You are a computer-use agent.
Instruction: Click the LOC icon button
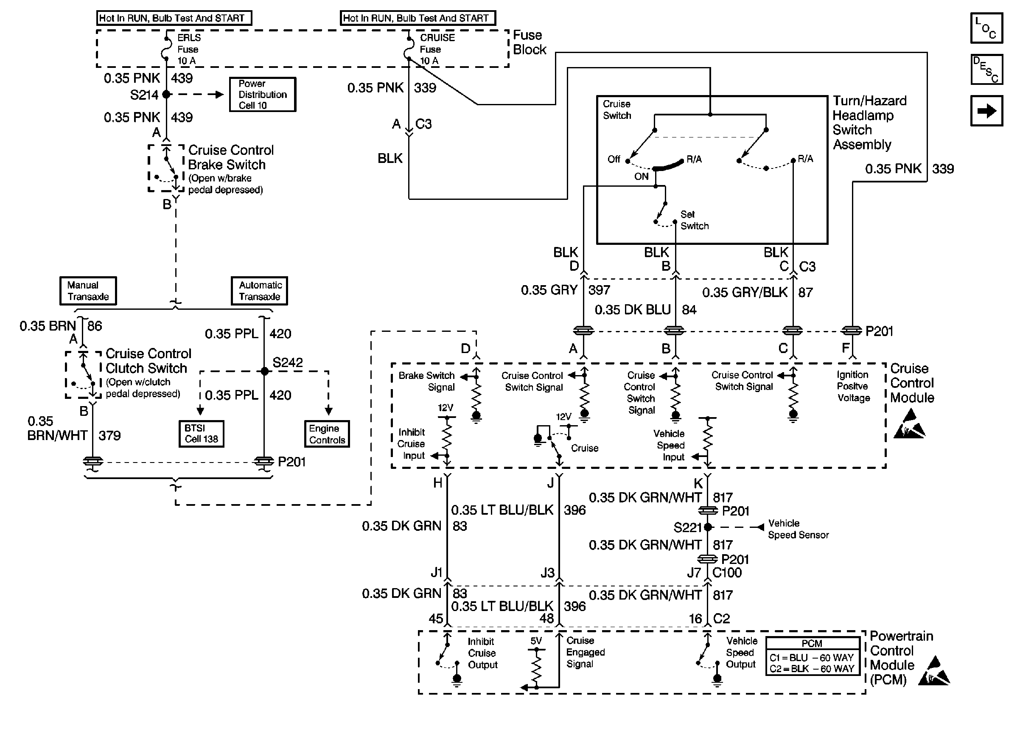pyautogui.click(x=986, y=28)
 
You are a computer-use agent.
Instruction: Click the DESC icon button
pyautogui.click(x=986, y=70)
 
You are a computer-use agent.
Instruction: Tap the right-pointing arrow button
pyautogui.click(x=986, y=111)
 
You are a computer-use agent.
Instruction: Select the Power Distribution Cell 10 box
pyautogui.click(x=263, y=95)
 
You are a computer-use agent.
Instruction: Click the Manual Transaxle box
pyautogui.click(x=88, y=291)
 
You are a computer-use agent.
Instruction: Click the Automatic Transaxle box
pyautogui.click(x=259, y=291)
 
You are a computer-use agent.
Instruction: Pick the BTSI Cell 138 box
pyautogui.click(x=202, y=434)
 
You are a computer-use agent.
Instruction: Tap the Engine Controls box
pyautogui.click(x=327, y=434)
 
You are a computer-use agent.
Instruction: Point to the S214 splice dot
pyautogui.click(x=166, y=94)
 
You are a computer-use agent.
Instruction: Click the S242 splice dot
pyautogui.click(x=264, y=371)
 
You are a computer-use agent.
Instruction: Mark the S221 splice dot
pyautogui.click(x=708, y=527)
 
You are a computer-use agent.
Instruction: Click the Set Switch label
pyautogui.click(x=694, y=220)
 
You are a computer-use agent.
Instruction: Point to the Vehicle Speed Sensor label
pyautogui.click(x=798, y=529)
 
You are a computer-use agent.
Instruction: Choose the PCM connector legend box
pyautogui.click(x=812, y=656)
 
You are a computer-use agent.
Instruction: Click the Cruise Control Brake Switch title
pyautogui.click(x=230, y=157)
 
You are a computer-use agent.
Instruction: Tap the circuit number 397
pyautogui.click(x=599, y=290)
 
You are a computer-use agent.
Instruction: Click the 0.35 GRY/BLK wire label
pyautogui.click(x=745, y=292)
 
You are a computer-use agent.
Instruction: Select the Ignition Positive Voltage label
pyautogui.click(x=853, y=386)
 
